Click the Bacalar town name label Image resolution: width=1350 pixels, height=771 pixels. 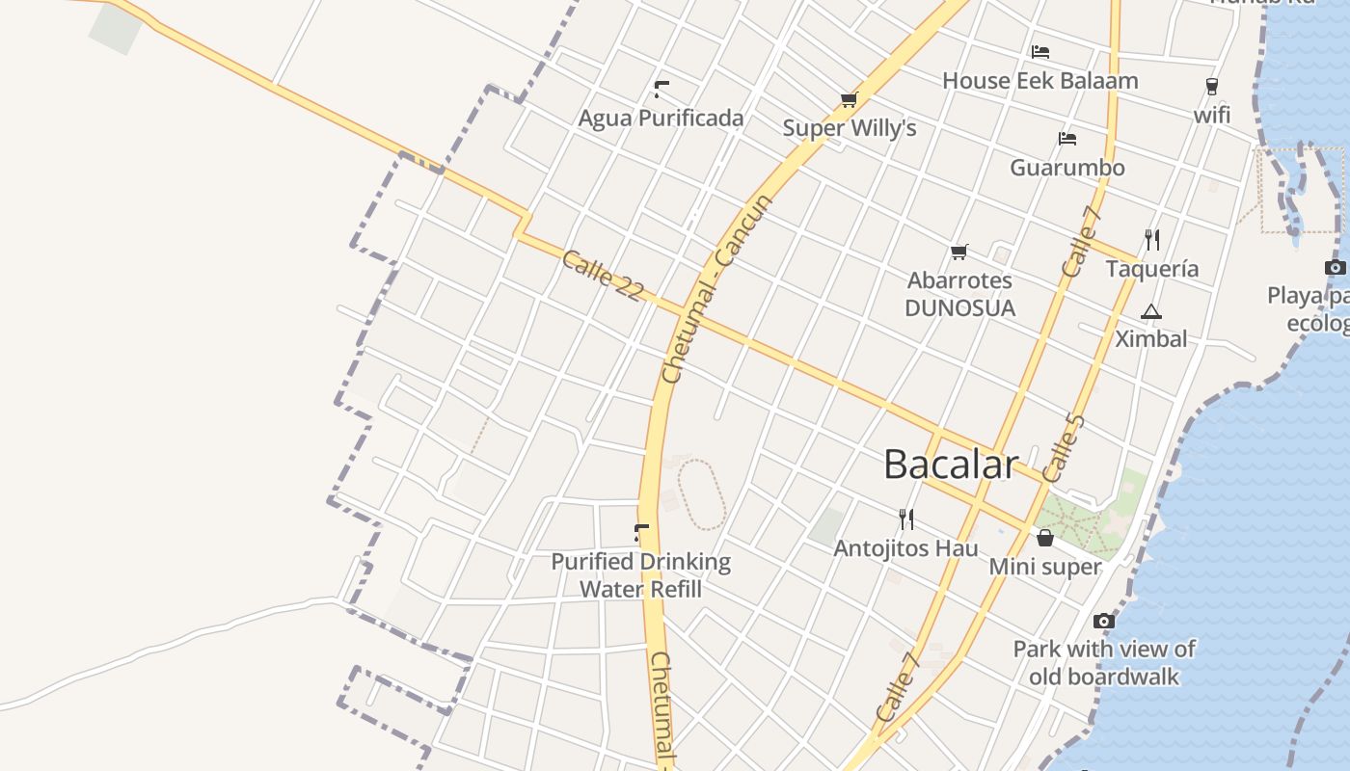950,465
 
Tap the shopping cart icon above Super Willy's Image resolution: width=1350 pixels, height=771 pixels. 849,99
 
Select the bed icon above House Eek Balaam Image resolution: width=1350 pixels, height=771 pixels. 1039,52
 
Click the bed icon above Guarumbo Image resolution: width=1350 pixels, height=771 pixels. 1066,139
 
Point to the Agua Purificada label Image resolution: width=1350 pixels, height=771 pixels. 661,119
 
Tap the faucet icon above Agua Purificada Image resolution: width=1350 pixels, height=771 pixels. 661,90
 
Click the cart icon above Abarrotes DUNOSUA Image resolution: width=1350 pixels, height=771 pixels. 958,252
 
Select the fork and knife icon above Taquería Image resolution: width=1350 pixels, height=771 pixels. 1151,239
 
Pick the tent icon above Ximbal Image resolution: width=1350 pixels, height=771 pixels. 1150,311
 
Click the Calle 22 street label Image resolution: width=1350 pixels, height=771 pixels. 602,276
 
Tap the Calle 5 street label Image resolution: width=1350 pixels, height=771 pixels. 1064,447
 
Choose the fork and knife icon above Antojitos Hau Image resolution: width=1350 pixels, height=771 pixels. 905,519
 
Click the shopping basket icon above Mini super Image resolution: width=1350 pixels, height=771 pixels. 1044,538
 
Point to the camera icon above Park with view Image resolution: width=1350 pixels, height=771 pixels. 1104,621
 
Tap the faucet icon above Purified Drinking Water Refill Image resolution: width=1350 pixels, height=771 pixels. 641,532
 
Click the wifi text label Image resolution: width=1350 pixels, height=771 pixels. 1212,115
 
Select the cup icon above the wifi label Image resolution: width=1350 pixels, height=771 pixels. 1212,87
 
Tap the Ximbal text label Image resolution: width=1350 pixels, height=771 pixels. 1150,339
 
